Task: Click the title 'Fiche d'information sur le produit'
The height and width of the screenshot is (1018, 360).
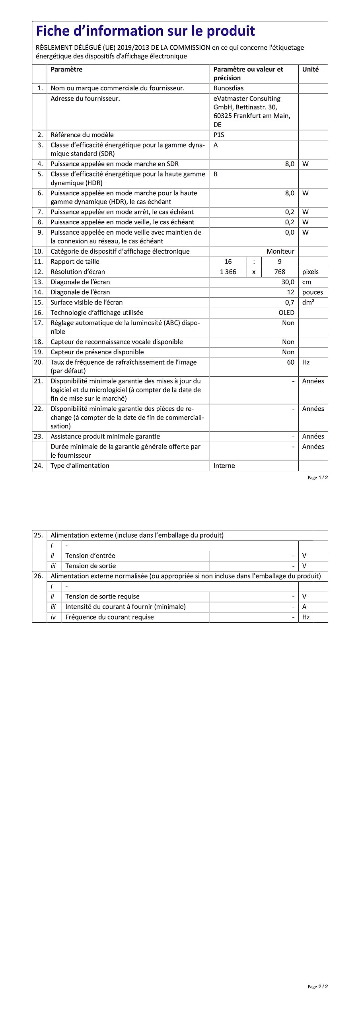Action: [x=145, y=31]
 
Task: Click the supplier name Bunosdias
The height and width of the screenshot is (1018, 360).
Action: [x=228, y=88]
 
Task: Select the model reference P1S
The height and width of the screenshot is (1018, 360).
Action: [x=219, y=135]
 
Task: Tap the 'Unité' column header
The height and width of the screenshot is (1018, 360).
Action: [x=310, y=69]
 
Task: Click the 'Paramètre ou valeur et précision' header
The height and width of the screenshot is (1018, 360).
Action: [x=248, y=74]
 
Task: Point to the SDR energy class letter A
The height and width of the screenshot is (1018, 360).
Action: [x=216, y=145]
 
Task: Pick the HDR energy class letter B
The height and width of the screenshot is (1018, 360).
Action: [x=216, y=174]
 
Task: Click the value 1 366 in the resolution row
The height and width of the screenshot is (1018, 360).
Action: [x=228, y=272]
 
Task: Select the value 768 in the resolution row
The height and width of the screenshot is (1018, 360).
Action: [x=280, y=272]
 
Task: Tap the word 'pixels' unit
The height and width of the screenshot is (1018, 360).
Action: [x=310, y=272]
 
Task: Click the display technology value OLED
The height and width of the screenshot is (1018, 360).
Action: [x=286, y=313]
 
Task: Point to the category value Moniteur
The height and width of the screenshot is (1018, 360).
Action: [x=280, y=251]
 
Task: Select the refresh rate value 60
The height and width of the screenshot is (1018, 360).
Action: [x=291, y=362]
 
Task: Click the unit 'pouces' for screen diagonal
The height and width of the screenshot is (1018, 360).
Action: [x=313, y=292]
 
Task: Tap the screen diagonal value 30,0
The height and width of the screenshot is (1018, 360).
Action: [x=288, y=282]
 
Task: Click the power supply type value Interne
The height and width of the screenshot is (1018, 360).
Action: [x=224, y=466]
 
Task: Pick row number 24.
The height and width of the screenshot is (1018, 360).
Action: [x=38, y=466]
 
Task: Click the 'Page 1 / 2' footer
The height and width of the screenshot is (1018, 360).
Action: [x=318, y=478]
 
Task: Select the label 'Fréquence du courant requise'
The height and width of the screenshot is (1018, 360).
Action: [x=109, y=617]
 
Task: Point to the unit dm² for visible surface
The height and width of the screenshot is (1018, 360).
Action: [x=308, y=302]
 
